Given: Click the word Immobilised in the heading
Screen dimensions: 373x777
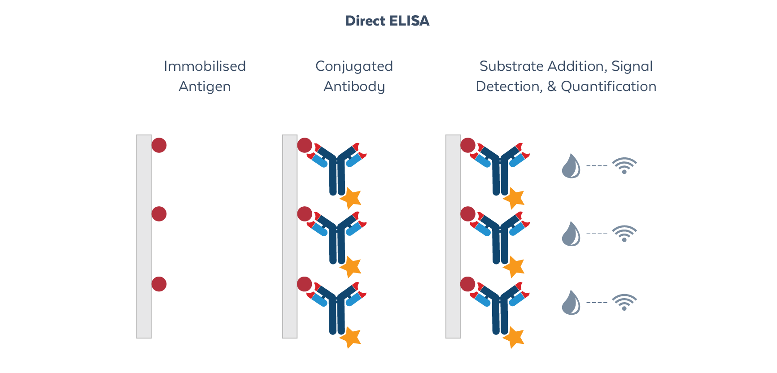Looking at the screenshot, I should pos(205,66).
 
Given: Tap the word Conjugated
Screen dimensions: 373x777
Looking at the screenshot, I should pos(354,67).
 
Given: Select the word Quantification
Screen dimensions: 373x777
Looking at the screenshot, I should pos(608,86).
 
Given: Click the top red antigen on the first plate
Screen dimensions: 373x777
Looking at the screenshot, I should pos(159,145).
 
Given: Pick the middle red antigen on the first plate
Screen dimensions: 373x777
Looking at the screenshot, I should pos(159,214).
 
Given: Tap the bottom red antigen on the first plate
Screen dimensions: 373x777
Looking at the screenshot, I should pos(159,284).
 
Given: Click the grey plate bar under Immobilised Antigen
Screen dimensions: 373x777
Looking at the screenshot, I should pos(144,236).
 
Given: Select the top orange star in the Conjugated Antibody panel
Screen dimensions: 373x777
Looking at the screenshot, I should pos(351,198).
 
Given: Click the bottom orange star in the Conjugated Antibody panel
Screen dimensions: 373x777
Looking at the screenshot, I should pos(351,337).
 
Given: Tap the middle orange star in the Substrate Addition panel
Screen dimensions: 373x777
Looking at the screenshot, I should pos(514,267).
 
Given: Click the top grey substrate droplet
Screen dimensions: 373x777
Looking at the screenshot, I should pos(571,167).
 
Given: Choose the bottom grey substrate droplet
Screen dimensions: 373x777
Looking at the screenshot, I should pos(571,303).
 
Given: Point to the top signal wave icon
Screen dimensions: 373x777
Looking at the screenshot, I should pos(624,165).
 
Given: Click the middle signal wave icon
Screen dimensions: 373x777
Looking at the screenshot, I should pos(624,234).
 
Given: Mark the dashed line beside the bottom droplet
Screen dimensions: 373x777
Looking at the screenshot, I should pos(597,303).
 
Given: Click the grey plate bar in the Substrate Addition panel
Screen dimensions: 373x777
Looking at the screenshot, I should pos(453,236).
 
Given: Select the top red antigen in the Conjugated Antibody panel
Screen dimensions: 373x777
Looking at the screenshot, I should pos(305,145).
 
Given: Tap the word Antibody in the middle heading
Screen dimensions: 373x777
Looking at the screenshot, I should pos(354,86).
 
